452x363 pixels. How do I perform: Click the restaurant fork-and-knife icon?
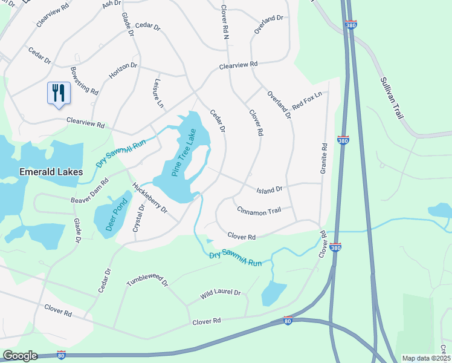[59, 93]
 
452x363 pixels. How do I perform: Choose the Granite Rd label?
[324, 159]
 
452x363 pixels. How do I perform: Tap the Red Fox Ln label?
[307, 99]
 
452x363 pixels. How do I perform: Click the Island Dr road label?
[270, 190]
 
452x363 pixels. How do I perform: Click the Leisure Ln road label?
[159, 94]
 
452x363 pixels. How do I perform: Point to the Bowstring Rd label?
[84, 81]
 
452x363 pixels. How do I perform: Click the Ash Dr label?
[112, 4]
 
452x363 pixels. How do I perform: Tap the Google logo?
[20, 356]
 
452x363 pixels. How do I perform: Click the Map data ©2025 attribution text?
[425, 358]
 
